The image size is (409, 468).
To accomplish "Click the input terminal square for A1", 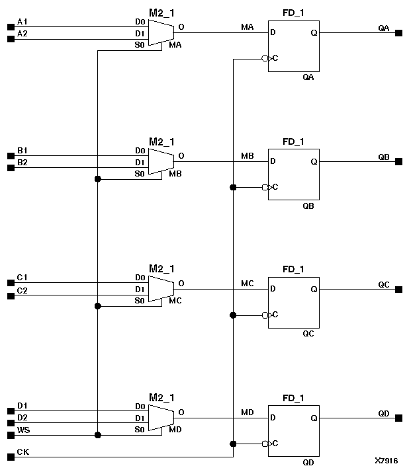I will [x=11, y=27].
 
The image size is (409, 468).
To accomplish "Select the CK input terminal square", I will [x=11, y=457].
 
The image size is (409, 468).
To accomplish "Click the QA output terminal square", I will [x=398, y=33].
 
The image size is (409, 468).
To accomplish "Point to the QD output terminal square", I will [x=398, y=418].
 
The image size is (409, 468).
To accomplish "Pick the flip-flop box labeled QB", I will [x=293, y=174].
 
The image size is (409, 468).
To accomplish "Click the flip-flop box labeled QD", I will [x=293, y=430].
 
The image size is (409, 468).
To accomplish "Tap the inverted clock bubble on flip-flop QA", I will [x=265, y=59].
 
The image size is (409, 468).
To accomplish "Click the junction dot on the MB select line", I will [x=98, y=178].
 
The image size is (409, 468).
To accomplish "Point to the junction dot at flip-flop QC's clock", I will [x=233, y=315].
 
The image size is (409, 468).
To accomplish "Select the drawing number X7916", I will [x=386, y=460].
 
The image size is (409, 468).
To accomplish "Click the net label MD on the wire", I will [x=248, y=412].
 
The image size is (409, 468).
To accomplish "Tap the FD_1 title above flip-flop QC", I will [x=293, y=269].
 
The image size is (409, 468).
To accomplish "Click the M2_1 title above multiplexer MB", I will [x=161, y=141].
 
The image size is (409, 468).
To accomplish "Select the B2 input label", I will [x=23, y=162].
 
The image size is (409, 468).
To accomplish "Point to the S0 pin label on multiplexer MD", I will [x=140, y=430].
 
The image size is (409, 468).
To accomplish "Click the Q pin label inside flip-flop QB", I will [x=314, y=161].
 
